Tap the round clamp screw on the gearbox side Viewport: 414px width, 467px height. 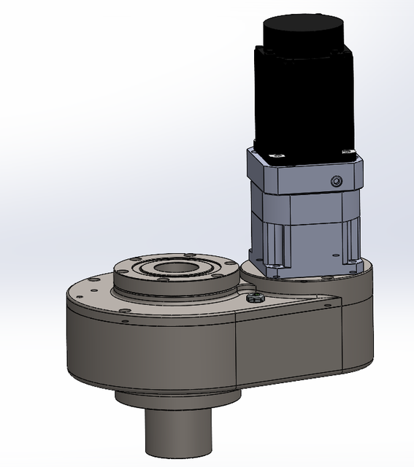tap(336, 180)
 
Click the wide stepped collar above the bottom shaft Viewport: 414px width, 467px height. tap(177, 398)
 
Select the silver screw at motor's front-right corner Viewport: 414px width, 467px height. tap(343, 150)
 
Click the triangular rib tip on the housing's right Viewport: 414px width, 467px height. tap(337, 298)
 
